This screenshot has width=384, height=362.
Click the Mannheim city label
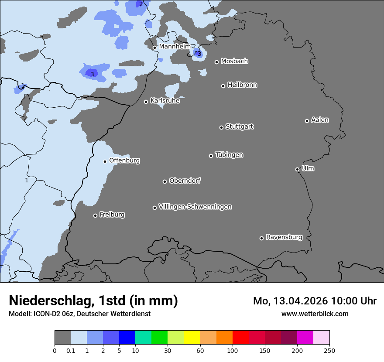pos(175,46)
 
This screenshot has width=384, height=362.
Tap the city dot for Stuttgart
pos(221,127)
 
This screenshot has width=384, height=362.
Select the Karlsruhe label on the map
pos(165,101)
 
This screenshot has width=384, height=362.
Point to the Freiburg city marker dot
pos(95,215)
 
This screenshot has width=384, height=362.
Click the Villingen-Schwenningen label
pos(195,207)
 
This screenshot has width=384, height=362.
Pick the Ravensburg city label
pos(284,237)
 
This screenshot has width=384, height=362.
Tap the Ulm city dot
pos(297,169)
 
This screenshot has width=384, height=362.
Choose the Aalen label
pos(320,120)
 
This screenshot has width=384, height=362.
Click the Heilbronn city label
pos(242,85)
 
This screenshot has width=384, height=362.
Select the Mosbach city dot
pos(216,62)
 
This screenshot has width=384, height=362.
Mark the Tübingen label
pos(229,155)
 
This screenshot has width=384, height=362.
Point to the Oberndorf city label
pos(185,181)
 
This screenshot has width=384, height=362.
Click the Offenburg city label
pos(124,161)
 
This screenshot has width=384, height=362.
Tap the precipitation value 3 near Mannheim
pos(199,54)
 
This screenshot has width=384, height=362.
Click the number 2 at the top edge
pos(141,4)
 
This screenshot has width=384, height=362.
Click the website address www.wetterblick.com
pos(315,314)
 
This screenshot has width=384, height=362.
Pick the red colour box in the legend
pos(240,338)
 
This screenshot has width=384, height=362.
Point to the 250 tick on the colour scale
pos(329,350)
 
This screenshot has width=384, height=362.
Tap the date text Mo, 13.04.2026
pos(291,301)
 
